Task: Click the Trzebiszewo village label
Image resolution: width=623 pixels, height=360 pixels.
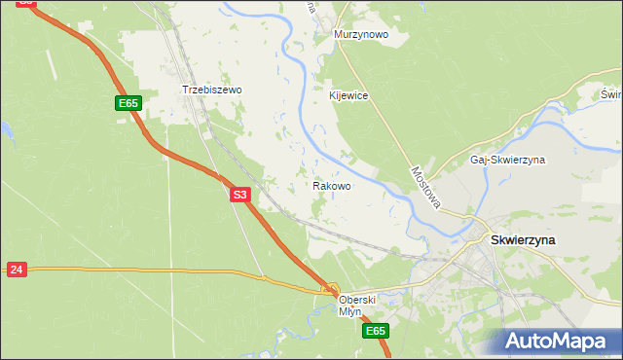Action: point(211,90)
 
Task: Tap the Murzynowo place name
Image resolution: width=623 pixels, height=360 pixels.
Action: point(361,34)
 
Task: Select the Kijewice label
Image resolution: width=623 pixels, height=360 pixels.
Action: point(348,95)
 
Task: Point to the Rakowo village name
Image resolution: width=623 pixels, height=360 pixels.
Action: point(332,185)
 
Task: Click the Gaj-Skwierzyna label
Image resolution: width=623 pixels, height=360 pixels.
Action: point(507,159)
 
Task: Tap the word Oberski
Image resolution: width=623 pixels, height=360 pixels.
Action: point(356,300)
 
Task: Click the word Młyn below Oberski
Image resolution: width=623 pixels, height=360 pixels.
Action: point(350,311)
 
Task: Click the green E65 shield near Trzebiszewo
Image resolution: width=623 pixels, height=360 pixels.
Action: point(128,103)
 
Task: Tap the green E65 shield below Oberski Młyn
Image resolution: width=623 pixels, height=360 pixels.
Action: point(378,332)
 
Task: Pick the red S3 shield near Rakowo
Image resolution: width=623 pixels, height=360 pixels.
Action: point(241,195)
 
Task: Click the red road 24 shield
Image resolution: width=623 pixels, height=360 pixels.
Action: point(16,270)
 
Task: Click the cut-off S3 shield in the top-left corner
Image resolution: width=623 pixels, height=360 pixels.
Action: point(26,3)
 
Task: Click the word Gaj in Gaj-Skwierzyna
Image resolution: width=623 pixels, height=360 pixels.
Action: point(478,159)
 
